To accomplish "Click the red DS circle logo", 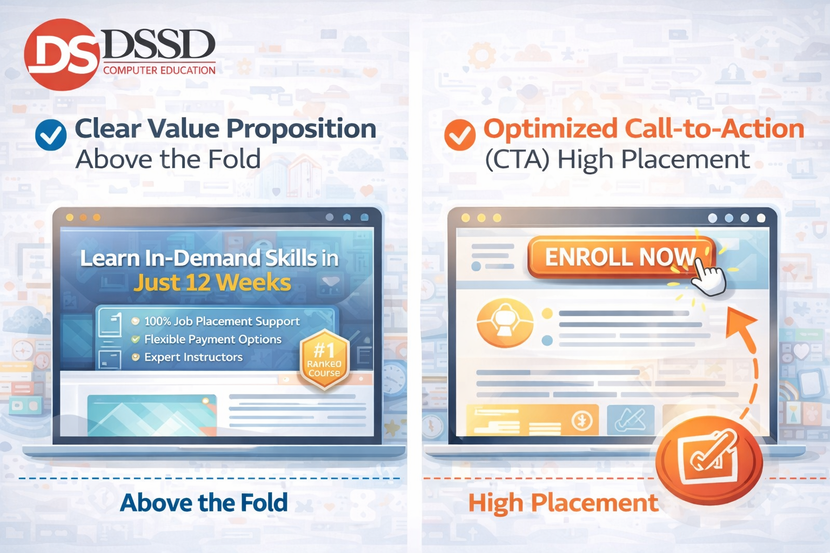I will click(62, 54).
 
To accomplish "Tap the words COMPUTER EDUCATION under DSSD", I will click(159, 70).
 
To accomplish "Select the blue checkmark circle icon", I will click(51, 134).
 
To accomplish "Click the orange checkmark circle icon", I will click(460, 134).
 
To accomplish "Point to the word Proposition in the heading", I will click(301, 129).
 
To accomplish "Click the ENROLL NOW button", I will click(620, 257).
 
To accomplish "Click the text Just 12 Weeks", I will click(212, 282).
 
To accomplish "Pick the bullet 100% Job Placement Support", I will click(222, 321).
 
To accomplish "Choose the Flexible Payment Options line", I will click(212, 339).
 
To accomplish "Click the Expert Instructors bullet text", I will click(193, 357).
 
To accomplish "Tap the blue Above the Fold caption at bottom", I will click(204, 503).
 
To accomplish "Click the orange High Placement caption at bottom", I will click(563, 503).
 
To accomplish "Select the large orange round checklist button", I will click(708, 458).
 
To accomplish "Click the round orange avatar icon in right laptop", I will click(505, 322).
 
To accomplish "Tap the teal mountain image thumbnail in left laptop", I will click(151, 415).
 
